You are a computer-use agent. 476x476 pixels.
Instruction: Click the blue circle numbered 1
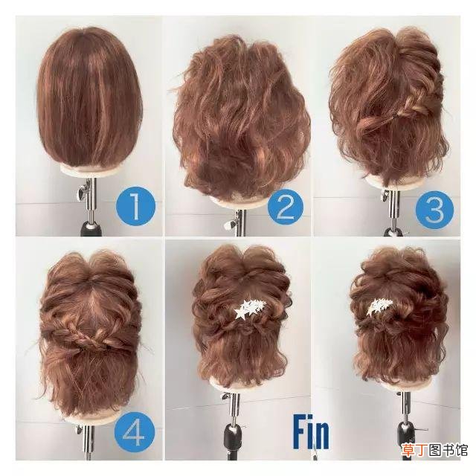tap(135, 207)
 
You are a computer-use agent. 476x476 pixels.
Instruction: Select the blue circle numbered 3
tap(434, 208)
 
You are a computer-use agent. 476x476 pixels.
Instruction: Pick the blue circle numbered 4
tap(135, 432)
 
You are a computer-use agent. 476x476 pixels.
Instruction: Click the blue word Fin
tap(311, 434)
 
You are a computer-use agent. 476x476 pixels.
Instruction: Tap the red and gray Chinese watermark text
tap(435, 450)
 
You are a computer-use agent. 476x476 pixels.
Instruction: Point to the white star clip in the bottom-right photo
tap(381, 306)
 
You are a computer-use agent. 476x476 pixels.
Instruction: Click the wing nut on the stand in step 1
tap(83, 192)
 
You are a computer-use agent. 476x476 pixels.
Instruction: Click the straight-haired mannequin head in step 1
tap(89, 97)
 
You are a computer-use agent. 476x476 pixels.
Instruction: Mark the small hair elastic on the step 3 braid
tap(395, 116)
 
